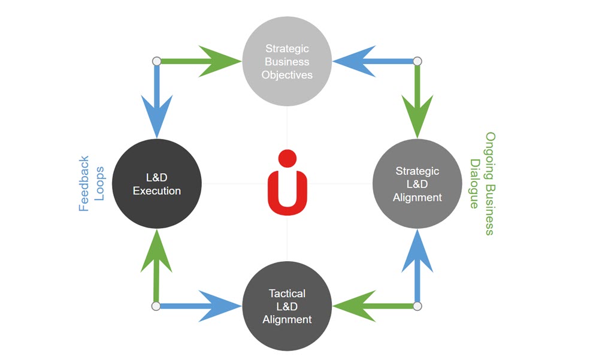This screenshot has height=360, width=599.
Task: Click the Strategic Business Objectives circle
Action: point(287,61)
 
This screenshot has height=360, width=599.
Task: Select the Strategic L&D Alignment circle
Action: point(418,184)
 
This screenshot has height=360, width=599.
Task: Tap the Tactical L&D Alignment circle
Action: point(287,306)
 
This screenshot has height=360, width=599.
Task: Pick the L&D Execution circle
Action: point(157,184)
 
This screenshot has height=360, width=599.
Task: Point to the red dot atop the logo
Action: point(288,158)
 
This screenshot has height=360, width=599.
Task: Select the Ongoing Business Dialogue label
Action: point(483,184)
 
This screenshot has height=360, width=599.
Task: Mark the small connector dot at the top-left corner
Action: point(157,61)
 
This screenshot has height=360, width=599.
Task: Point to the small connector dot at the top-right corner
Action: point(418,61)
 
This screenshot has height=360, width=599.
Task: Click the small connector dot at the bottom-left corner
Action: point(156,306)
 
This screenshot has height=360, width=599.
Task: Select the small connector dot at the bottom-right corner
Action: point(418,306)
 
